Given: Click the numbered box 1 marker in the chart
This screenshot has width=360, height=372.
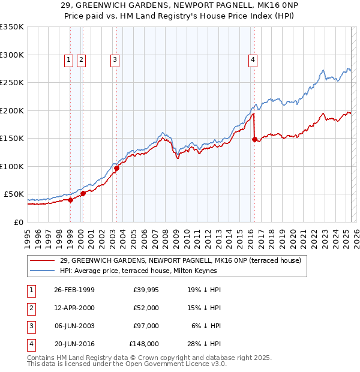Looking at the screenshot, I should pos(69,59).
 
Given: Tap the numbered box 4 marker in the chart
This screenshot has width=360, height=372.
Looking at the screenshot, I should pos(253,59).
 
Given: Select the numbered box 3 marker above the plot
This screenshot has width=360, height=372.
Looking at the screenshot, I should pos(114,59).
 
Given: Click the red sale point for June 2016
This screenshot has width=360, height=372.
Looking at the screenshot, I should pos(254,139).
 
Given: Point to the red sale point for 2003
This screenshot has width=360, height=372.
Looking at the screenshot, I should pos(116,168).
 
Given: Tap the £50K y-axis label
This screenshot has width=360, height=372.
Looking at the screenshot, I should pos(14,194).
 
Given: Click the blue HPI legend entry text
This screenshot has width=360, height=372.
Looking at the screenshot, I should pos(138,271).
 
